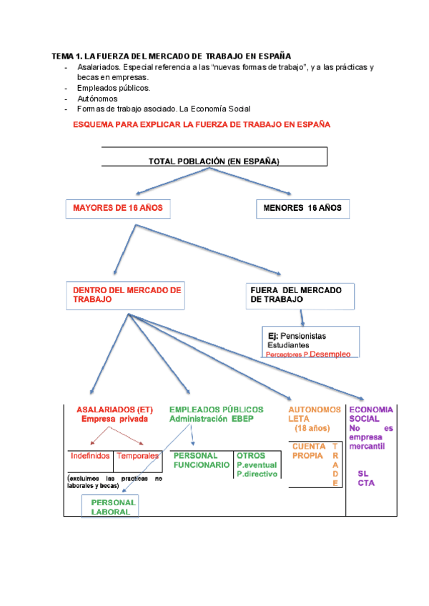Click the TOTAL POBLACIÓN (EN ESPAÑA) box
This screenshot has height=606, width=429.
pyautogui.click(x=214, y=161)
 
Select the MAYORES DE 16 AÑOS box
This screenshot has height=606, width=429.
pyautogui.click(x=118, y=209)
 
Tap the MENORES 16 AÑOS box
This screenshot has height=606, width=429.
pyautogui.click(x=302, y=209)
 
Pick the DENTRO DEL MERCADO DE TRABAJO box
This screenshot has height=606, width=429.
pyautogui.click(x=127, y=295)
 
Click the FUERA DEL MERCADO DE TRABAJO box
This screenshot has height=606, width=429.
pyautogui.click(x=300, y=295)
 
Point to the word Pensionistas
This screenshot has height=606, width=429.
pyautogui.click(x=303, y=335)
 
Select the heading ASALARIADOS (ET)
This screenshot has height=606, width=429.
pyautogui.click(x=114, y=409)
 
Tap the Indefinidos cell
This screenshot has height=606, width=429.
pyautogui.click(x=90, y=455)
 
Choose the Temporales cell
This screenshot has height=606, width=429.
pyautogui.click(x=137, y=455)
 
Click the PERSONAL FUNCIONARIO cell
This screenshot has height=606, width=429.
pyautogui.click(x=201, y=460)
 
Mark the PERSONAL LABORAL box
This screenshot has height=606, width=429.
pyautogui.click(x=110, y=507)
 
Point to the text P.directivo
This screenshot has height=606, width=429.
pyautogui.click(x=257, y=473)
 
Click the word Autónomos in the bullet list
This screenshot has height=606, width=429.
pyautogui.click(x=97, y=99)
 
